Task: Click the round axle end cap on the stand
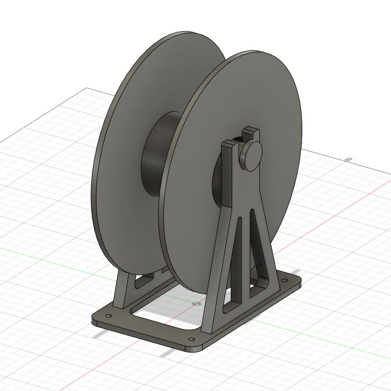coord(251,155)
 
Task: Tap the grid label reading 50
coord(348,160)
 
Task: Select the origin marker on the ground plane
coord(196,304)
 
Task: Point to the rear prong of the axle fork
coord(251,131)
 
